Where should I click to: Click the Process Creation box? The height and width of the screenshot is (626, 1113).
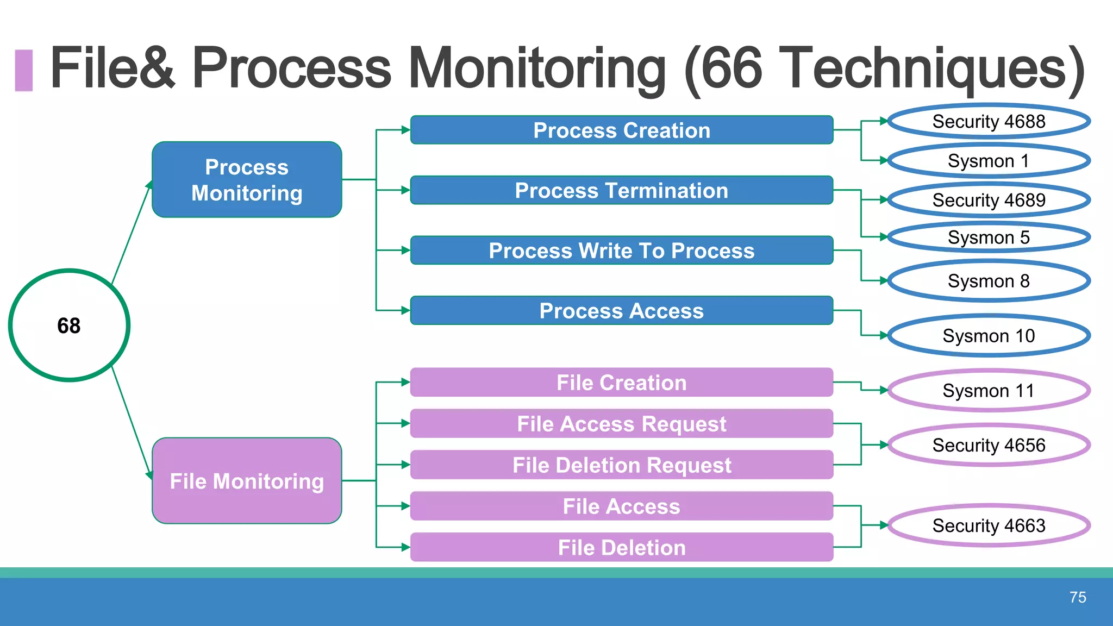coord(621,130)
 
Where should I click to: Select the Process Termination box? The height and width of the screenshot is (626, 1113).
coord(621,191)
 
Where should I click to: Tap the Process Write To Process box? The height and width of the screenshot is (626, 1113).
coord(621,251)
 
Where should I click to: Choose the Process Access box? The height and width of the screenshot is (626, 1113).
coord(621,311)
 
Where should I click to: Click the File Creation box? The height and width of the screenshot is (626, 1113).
coord(621,383)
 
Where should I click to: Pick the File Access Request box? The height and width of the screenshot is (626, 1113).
coord(621,424)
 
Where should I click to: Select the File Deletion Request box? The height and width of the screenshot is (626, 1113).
coord(621,465)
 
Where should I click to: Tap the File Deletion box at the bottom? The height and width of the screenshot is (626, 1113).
coord(621,548)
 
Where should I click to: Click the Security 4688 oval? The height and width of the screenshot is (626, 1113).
coord(989,121)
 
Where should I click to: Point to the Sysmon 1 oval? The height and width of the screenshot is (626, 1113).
coord(989,161)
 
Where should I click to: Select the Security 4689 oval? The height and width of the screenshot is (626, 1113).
coord(989,200)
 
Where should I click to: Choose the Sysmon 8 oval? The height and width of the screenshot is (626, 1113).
coord(989,281)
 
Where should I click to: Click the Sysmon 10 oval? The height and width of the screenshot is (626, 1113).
coord(989,336)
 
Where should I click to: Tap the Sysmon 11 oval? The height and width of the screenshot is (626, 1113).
coord(989,391)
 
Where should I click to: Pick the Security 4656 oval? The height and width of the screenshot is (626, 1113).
coord(989,445)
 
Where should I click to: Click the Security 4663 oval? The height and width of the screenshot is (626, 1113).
coord(989,525)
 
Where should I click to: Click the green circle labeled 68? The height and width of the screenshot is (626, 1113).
coord(69,325)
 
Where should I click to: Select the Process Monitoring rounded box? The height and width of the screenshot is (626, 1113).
coord(247,180)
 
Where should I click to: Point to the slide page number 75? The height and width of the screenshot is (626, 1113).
coord(1077,597)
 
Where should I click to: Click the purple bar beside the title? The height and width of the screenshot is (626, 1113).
coord(24,70)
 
